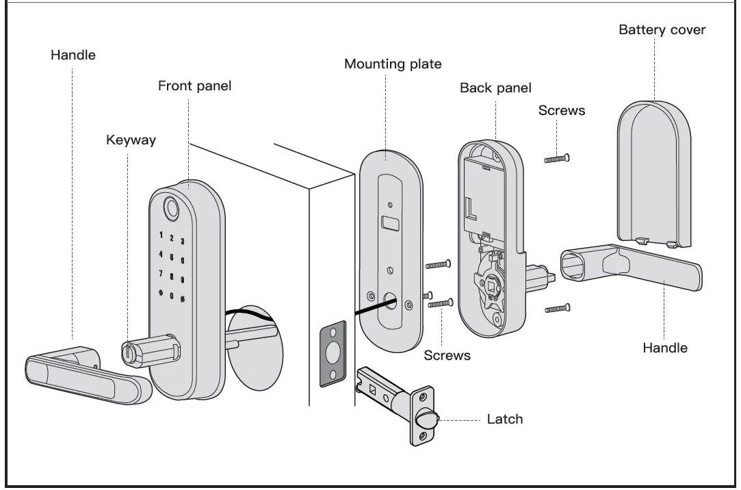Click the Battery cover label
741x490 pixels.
tap(662, 29)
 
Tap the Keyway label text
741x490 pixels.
tap(131, 140)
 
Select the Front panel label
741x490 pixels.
tap(194, 86)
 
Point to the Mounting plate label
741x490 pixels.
tap(393, 64)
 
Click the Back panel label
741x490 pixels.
tap(495, 88)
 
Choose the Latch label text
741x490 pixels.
tap(504, 419)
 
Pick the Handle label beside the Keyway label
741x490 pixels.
tap(73, 55)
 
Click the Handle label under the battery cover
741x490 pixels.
tap(664, 348)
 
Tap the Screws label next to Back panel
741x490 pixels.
tap(562, 110)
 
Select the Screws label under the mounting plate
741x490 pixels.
tap(447, 355)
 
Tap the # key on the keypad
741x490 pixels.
tap(183, 298)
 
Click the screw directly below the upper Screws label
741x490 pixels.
tap(557, 159)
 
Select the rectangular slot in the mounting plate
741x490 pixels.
tap(390, 223)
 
